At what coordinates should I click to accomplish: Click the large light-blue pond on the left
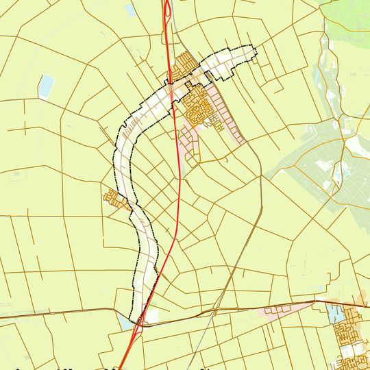tap(46, 86)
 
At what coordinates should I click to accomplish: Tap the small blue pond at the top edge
tap(130, 10)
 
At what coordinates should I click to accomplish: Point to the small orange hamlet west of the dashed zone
tap(113, 199)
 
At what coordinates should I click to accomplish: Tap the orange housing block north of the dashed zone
tap(184, 65)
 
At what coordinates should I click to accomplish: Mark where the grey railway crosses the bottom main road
tap(215, 309)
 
